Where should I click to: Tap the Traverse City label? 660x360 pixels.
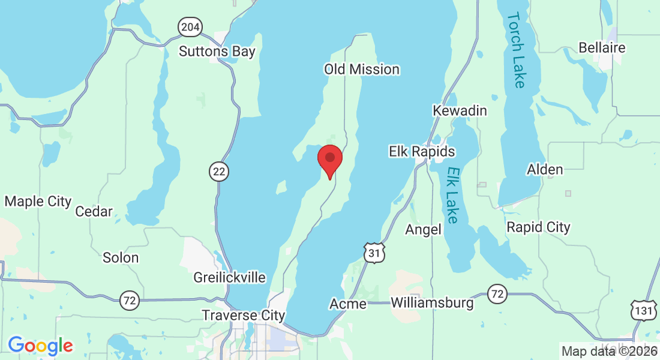(x=243, y=316)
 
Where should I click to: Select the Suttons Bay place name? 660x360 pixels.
(x=217, y=52)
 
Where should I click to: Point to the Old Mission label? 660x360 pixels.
(x=362, y=70)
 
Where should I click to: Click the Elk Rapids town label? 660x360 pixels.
(x=422, y=152)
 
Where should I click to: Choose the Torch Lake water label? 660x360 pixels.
(x=516, y=50)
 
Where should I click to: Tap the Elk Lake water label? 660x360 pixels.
(x=454, y=195)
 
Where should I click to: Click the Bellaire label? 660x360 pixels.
(x=602, y=47)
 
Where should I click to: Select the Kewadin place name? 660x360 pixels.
(x=460, y=111)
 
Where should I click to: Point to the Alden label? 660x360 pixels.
(x=545, y=170)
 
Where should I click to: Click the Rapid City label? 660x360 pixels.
(x=538, y=227)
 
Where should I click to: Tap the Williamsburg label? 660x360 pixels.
(x=432, y=303)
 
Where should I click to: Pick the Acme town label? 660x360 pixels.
(x=348, y=304)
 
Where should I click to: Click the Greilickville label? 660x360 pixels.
(x=229, y=278)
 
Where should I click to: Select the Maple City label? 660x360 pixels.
(x=38, y=202)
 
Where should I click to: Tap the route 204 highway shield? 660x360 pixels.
(x=190, y=27)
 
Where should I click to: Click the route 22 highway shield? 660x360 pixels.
(x=220, y=172)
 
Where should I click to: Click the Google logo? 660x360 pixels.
(x=40, y=346)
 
